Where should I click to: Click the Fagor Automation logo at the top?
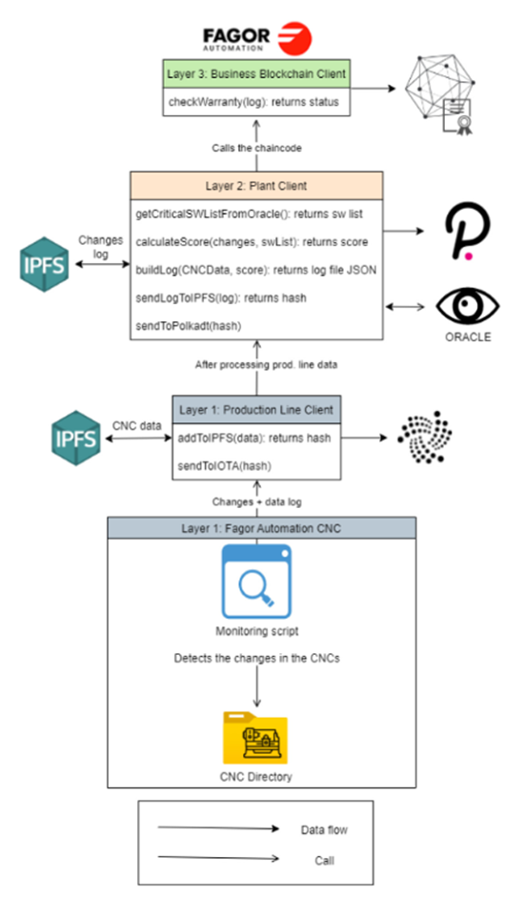pos(257,38)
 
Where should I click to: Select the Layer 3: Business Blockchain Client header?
pos(256,73)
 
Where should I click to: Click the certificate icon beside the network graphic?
pos(457,117)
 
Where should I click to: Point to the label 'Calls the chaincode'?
pos(256,148)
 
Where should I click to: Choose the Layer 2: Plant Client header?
pos(256,186)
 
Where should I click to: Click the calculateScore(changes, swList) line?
pos(252,242)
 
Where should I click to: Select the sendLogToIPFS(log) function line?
pos(221,298)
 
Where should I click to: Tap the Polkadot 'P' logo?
pos(467,231)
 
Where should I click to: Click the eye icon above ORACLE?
pos(468,306)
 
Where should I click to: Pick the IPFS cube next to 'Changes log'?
pos(45,265)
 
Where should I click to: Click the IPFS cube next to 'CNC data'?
pos(76,439)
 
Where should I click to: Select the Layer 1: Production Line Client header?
pos(256,410)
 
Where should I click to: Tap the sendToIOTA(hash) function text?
pos(225,466)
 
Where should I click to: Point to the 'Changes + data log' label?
pos(256,501)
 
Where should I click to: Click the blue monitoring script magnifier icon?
pos(256,582)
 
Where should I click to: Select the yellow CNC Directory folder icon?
pos(255,737)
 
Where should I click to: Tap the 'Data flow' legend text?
pos(324,830)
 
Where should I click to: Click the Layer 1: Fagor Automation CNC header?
pos(262,528)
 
